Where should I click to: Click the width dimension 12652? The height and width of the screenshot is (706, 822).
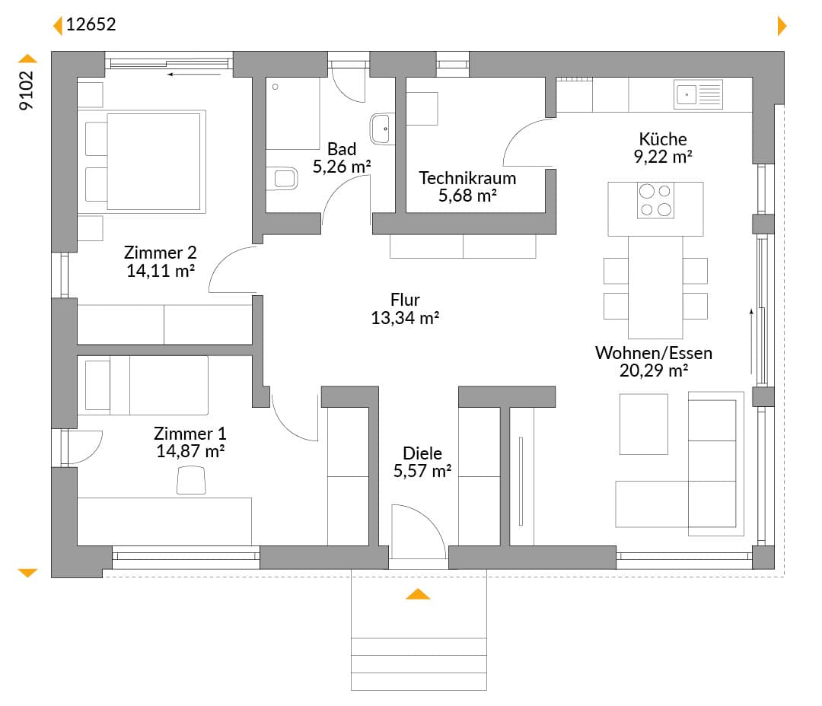pos(91,24)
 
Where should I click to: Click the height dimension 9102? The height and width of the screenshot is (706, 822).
pos(26,91)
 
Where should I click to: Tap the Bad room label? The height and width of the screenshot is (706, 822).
pos(342,149)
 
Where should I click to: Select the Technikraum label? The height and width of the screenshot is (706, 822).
pos(467,178)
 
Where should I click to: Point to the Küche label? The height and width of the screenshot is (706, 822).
pos(663,139)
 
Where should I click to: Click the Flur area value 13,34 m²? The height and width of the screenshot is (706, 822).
pos(405,318)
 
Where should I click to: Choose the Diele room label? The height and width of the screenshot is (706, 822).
pos(422,453)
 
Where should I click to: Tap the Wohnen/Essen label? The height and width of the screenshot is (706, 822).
pos(654,353)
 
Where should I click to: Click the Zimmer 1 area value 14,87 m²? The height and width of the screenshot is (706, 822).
pos(190,451)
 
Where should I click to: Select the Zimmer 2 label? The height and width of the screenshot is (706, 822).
pos(161,253)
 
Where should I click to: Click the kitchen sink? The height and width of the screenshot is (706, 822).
pos(698,94)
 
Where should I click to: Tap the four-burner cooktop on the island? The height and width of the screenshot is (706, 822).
pos(655,200)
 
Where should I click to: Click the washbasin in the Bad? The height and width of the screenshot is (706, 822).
pos(382,129)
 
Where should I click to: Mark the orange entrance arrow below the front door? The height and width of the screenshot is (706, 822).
pos(418,594)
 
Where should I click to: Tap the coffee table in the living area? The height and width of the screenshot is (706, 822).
pos(644,424)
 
